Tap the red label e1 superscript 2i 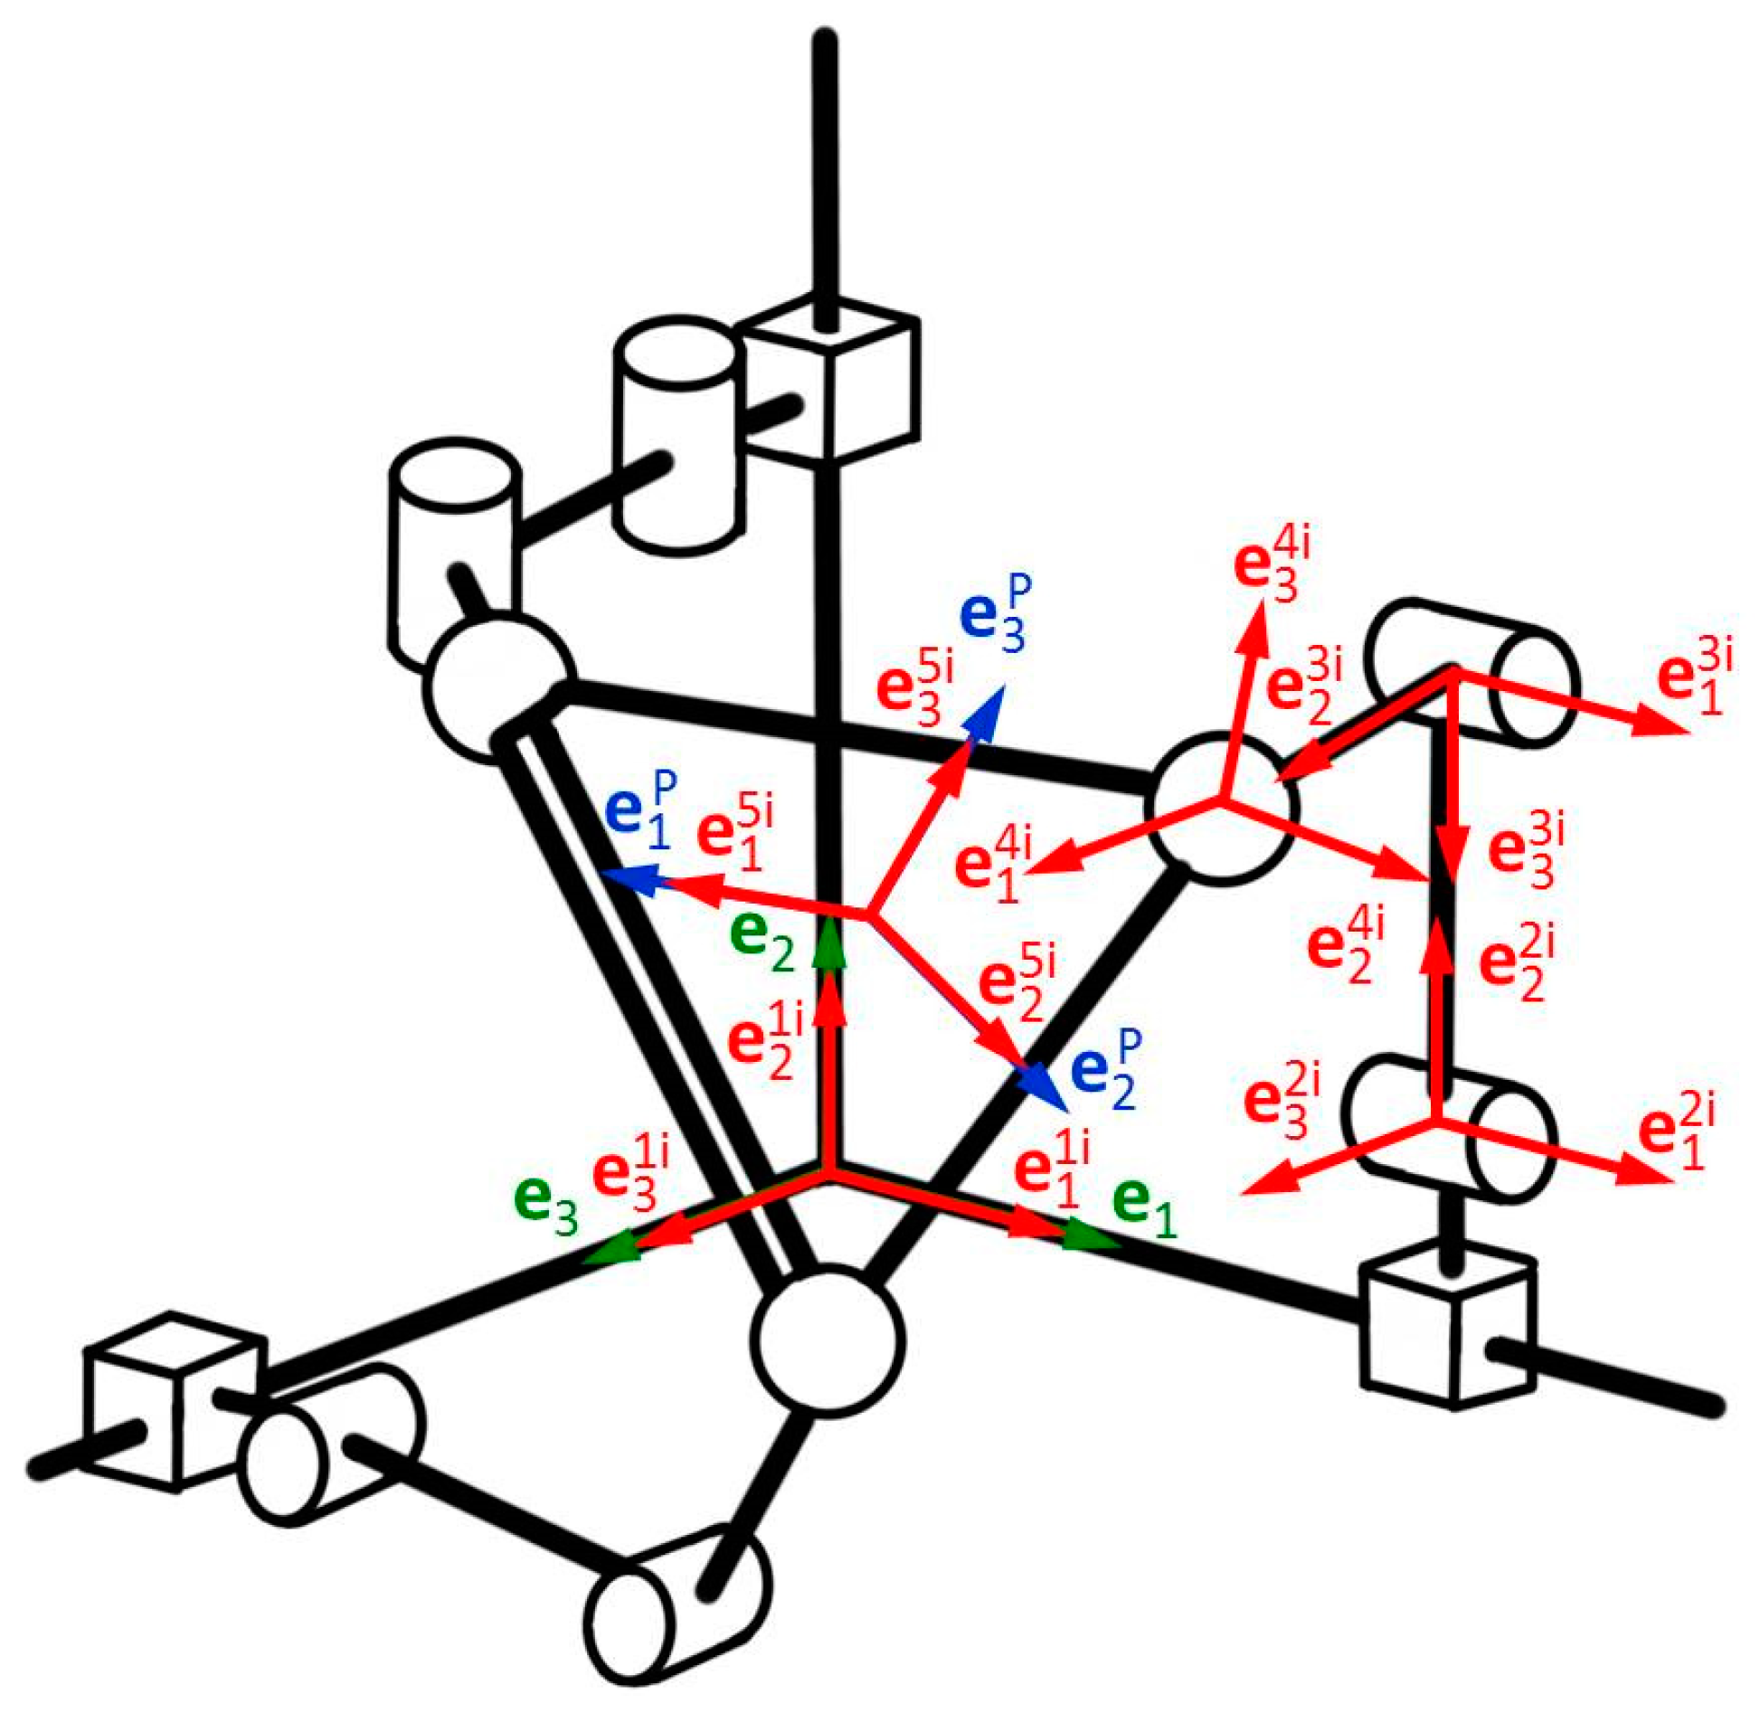click(x=1676, y=1132)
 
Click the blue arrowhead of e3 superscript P click(x=989, y=708)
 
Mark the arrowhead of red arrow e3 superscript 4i click(x=1254, y=626)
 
